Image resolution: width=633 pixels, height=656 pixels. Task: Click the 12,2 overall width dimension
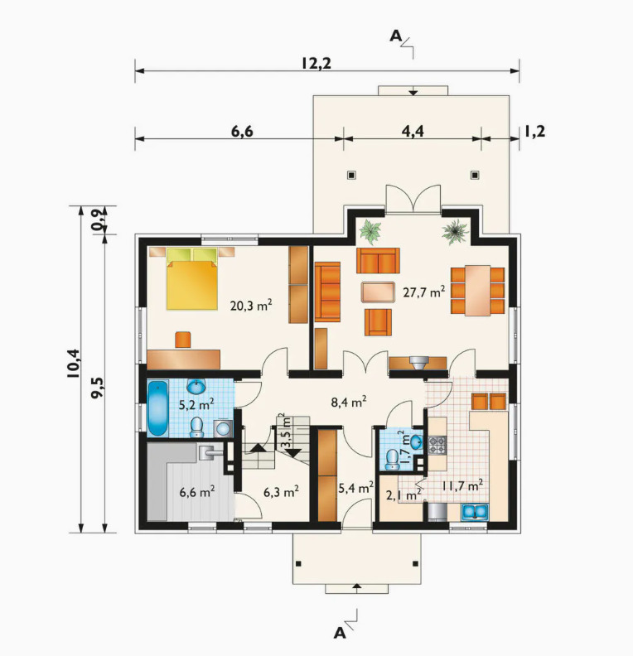316,63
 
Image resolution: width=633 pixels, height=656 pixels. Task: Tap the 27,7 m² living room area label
424,292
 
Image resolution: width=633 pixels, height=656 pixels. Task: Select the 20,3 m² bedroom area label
251,305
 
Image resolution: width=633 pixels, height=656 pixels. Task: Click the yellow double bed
192,279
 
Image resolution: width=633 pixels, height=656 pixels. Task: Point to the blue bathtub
158,408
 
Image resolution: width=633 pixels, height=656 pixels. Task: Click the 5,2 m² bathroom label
196,404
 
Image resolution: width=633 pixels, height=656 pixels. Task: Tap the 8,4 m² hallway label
349,402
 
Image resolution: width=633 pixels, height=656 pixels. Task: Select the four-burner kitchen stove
437,445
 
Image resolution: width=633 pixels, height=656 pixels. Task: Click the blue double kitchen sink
475,512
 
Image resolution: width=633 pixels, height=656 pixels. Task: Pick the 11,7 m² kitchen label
462,485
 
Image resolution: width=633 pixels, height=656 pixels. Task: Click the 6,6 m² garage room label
197,491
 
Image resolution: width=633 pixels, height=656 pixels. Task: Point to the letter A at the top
395,36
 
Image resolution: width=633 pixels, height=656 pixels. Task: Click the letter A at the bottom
340,634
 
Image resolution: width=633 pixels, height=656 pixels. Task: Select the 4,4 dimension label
413,132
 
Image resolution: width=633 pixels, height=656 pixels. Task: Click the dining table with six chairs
477,291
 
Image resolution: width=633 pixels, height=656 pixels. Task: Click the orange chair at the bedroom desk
183,340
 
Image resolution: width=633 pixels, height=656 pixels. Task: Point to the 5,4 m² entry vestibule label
355,488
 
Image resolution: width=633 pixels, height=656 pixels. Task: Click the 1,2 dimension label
534,132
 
